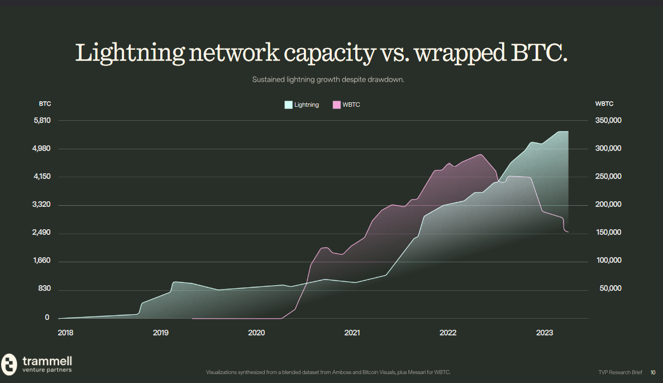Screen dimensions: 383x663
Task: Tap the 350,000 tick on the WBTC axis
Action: point(608,121)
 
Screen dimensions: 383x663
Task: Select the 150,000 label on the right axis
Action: point(608,233)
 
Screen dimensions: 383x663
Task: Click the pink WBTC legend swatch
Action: point(336,105)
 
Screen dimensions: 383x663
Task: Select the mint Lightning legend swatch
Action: point(288,105)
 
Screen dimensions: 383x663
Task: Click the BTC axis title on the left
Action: point(45,104)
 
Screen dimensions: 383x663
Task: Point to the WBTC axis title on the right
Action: point(604,104)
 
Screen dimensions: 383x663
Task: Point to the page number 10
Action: point(653,372)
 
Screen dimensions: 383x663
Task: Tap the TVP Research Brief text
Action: point(620,372)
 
